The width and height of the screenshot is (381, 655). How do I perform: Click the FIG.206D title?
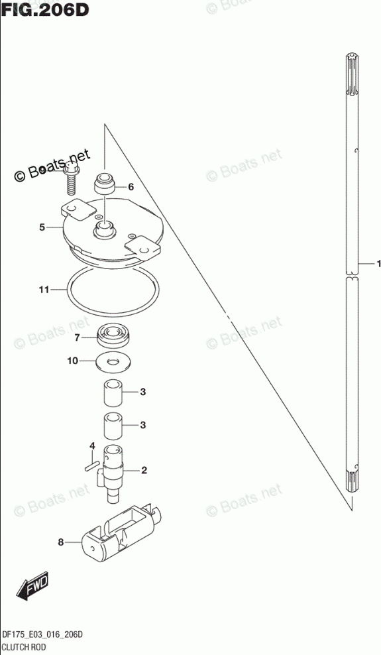click(44, 9)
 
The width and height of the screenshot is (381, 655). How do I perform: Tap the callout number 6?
click(131, 187)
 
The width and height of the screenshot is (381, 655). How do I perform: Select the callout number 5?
click(42, 227)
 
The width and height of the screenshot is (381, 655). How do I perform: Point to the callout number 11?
click(44, 290)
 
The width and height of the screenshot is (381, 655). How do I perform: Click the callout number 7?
click(77, 338)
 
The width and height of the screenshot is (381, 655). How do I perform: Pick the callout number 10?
click(73, 360)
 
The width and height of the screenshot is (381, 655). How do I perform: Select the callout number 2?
click(144, 471)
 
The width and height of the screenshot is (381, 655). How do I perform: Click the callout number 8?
click(61, 542)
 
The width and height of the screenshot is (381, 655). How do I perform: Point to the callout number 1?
click(378, 264)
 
